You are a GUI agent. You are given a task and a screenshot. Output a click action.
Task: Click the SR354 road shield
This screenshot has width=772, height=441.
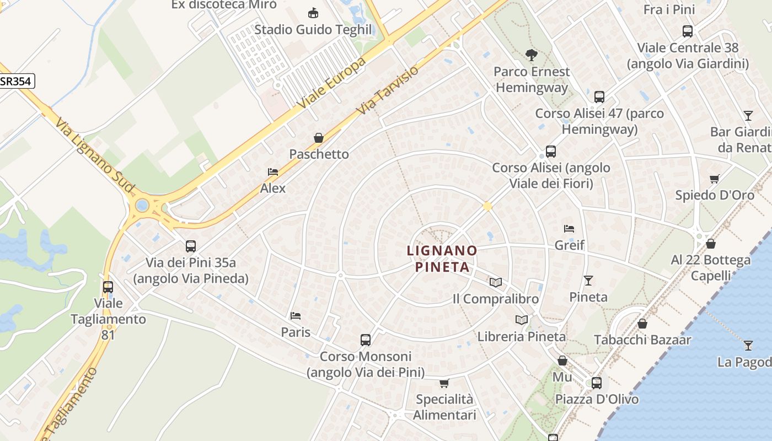point(17,82)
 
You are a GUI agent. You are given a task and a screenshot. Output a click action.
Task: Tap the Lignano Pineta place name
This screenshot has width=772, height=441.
point(442,259)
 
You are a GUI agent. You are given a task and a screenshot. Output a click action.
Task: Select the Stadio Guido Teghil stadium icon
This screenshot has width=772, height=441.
point(313,13)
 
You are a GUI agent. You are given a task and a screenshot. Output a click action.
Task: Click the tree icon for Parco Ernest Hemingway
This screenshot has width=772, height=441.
point(532,55)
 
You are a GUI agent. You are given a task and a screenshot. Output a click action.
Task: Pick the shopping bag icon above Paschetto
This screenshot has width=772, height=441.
point(319,138)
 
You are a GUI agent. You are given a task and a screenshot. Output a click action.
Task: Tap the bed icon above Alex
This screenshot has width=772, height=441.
point(273,172)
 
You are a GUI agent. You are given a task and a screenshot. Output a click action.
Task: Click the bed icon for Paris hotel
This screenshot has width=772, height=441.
point(296,316)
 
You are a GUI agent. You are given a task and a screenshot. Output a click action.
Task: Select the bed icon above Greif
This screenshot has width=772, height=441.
point(569,229)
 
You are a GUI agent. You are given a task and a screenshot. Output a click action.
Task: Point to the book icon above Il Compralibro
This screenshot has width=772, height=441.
point(496,282)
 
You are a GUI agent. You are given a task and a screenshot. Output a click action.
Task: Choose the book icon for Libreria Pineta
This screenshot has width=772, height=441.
point(521,320)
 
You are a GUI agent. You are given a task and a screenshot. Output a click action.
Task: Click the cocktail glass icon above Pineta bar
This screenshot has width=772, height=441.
point(588,281)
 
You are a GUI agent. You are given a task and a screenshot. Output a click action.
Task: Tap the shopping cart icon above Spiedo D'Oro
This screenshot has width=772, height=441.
point(715,179)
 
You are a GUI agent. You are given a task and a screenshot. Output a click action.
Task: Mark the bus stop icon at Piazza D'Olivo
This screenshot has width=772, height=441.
point(597,383)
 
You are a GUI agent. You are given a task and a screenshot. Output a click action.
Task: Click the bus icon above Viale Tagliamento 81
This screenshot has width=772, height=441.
point(108,287)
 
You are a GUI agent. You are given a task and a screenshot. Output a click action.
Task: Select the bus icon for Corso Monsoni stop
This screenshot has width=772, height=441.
point(366,340)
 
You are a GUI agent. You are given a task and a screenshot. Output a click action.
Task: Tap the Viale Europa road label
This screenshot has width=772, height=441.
point(331,83)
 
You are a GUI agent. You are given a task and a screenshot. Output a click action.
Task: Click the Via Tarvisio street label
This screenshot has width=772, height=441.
point(388,90)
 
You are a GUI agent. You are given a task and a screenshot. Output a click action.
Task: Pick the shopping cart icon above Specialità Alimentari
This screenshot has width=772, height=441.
point(444,383)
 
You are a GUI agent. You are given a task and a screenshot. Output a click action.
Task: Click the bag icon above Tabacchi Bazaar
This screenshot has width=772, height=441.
point(642,324)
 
